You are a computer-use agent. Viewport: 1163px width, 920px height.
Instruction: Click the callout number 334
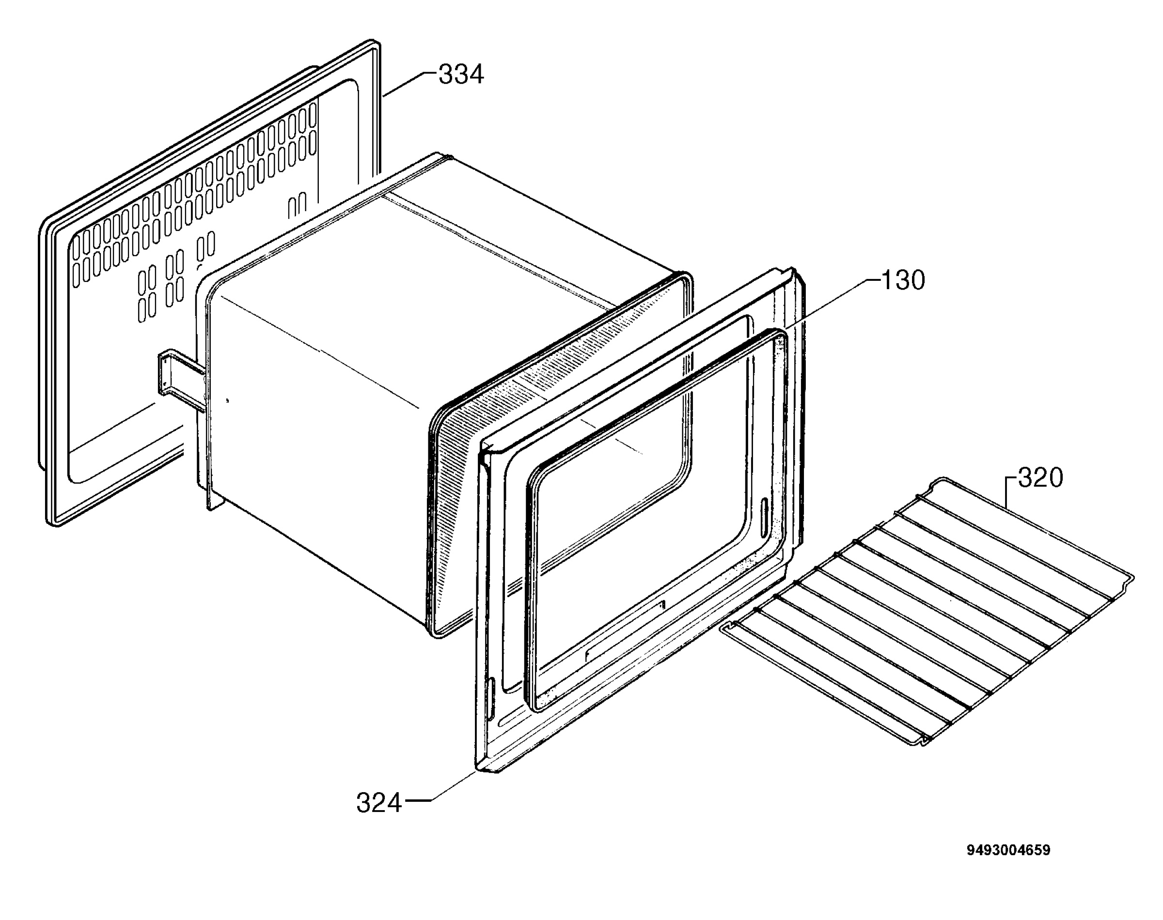461,75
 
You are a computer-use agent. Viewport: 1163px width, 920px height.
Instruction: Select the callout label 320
1041,478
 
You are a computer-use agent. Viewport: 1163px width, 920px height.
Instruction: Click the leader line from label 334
409,85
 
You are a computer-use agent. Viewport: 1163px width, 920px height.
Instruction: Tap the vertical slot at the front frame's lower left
490,699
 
